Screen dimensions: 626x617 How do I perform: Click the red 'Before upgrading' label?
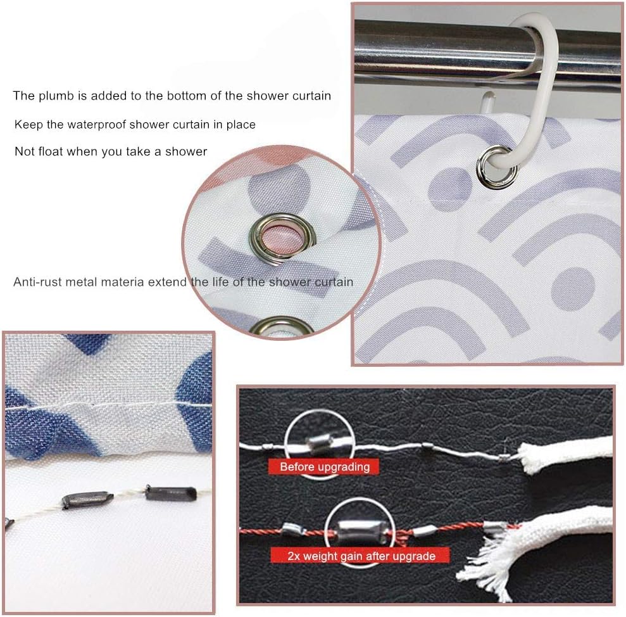point(325,467)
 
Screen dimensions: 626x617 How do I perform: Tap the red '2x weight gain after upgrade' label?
point(361,556)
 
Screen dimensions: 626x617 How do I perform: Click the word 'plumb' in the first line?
point(56,96)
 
